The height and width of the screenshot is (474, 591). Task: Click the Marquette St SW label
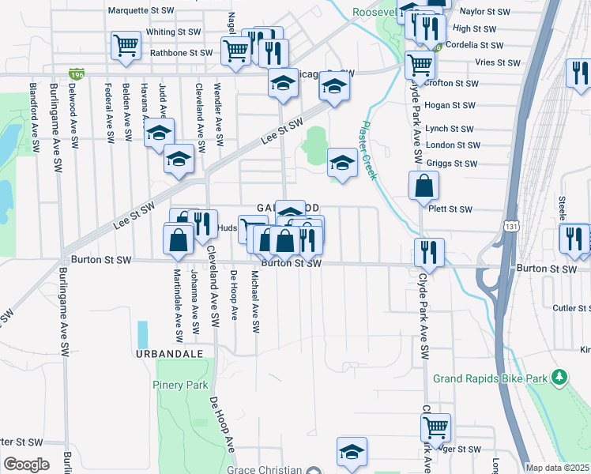pos(141,11)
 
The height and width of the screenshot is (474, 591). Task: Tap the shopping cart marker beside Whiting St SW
pos(126,45)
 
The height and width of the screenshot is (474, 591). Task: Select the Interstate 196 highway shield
pos(77,74)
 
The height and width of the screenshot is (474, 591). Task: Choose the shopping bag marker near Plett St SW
pos(423,186)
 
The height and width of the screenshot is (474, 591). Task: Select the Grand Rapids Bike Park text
pos(490,378)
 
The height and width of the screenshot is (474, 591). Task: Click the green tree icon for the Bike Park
pos(560,378)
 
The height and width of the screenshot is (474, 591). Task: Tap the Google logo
pos(26,464)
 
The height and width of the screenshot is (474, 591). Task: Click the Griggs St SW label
pos(451,164)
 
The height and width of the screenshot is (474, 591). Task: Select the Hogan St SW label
pos(450,105)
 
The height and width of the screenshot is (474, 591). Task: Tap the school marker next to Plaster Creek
pos(341,163)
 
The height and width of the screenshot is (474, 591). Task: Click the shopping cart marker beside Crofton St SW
pos(420,65)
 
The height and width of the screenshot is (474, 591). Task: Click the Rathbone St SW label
pos(181,53)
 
